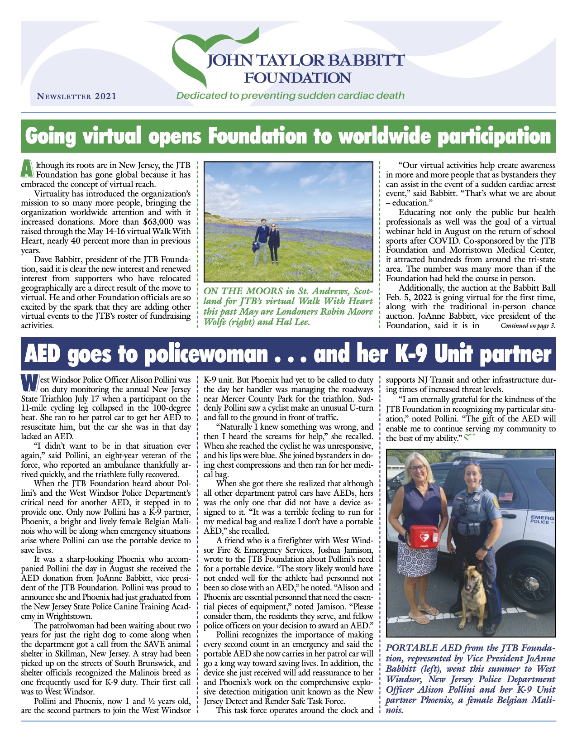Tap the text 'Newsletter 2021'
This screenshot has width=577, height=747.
76,96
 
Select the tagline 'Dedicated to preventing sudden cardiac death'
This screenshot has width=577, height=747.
290,96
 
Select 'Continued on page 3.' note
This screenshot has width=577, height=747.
528,326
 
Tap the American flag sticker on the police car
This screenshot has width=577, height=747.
505,497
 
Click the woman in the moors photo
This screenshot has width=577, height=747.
273,244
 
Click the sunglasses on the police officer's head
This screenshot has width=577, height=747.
471,463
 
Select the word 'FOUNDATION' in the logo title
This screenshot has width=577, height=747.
297,78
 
